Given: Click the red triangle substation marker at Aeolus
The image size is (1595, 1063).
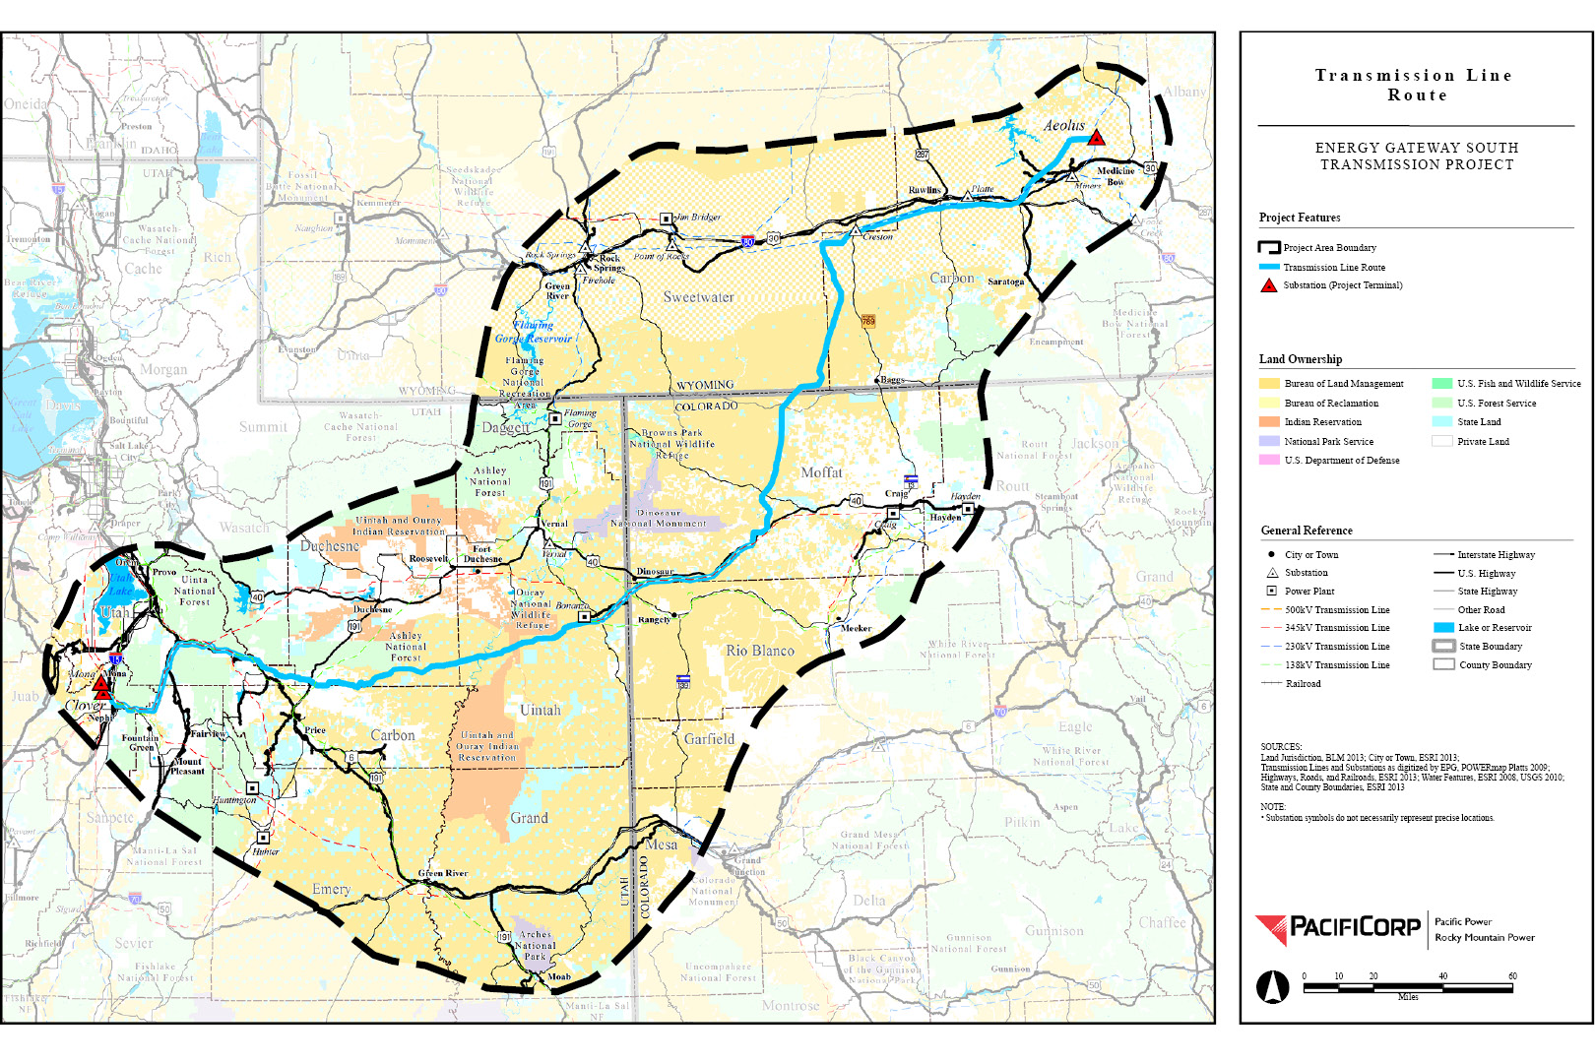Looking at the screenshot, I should (1096, 139).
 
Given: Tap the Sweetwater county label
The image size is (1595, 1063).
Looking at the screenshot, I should (698, 297).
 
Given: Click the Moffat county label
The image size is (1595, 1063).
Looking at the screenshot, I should (821, 472).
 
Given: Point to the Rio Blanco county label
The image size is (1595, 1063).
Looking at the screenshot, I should (759, 651).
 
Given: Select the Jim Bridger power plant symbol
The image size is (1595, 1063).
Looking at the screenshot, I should (666, 219).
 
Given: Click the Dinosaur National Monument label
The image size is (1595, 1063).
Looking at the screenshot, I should (659, 519).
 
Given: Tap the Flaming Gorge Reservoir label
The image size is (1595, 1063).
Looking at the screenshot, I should (533, 332).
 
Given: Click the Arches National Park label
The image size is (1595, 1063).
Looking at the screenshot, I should (535, 945).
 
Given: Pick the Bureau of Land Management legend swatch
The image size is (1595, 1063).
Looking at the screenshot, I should (1269, 384).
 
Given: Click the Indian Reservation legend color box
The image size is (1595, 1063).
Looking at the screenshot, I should (1269, 422).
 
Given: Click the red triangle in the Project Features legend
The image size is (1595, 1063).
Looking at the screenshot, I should (1268, 285).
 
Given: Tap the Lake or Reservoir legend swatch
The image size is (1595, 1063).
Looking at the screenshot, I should (1443, 628).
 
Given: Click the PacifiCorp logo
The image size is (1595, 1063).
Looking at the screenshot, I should (1338, 928).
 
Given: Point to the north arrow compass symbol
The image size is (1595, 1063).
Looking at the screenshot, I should (1273, 986).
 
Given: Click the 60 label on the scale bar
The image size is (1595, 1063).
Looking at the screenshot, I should (1512, 976).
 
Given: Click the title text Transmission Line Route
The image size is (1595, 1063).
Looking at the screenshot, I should (1416, 86).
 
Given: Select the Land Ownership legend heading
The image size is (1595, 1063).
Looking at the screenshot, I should (1300, 359).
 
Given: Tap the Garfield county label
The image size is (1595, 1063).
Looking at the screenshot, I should (709, 739).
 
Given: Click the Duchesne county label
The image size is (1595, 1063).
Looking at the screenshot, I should (330, 546).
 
